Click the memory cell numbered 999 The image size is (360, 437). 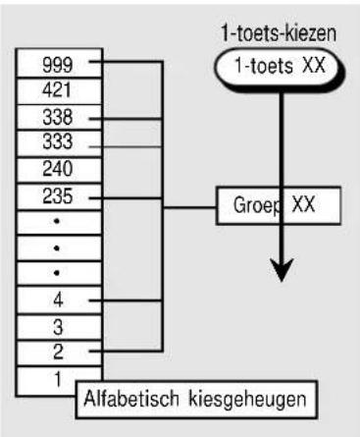click(59, 63)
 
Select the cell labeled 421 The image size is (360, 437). click(59, 91)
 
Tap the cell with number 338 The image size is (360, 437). click(59, 117)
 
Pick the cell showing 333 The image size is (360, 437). click(59, 143)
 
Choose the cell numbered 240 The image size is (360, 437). click(59, 170)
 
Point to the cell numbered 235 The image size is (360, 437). click(59, 196)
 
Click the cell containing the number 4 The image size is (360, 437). click(59, 300)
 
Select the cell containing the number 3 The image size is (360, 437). click(59, 327)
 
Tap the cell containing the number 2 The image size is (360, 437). click(59, 353)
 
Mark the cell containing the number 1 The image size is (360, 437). click(46, 381)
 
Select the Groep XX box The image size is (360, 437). click(279, 205)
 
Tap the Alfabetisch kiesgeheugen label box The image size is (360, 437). click(196, 400)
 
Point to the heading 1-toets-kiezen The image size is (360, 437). click(279, 33)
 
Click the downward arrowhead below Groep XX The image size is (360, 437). click(282, 269)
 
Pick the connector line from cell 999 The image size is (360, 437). click(126, 61)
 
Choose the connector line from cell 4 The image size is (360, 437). click(126, 300)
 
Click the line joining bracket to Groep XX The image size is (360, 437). click(189, 207)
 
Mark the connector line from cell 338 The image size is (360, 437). click(126, 119)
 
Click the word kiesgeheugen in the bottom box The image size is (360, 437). click(248, 400)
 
